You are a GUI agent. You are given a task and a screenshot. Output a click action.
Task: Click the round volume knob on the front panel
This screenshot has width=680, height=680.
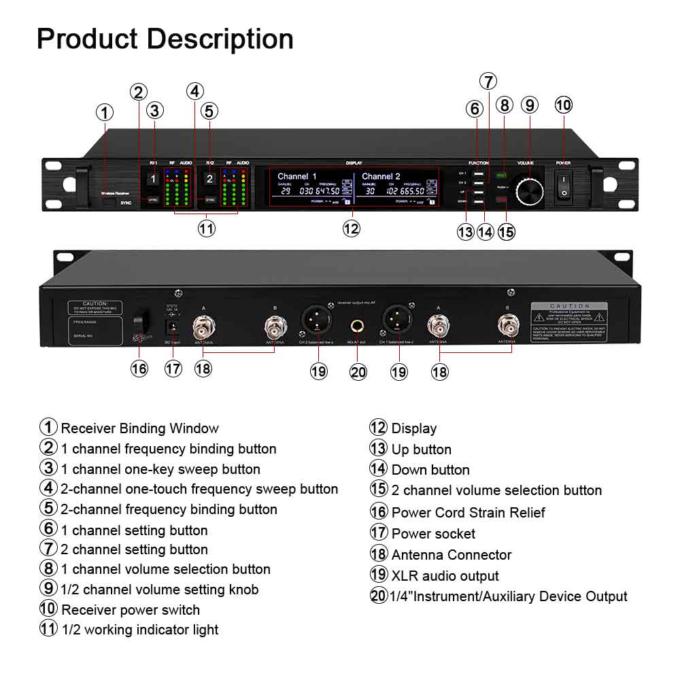(x=530, y=189)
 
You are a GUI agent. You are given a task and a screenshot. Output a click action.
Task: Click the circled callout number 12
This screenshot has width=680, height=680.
(x=351, y=229)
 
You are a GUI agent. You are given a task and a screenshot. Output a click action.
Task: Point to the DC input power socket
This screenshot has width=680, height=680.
(x=172, y=327)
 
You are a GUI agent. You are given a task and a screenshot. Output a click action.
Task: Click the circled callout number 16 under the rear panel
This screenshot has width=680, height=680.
(x=139, y=368)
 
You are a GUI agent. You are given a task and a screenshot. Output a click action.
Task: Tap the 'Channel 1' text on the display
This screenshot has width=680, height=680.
(x=297, y=176)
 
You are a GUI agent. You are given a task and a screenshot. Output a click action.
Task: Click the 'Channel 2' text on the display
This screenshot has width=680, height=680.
(x=381, y=176)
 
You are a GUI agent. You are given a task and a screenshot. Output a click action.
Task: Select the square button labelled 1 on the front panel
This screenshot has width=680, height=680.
(x=154, y=180)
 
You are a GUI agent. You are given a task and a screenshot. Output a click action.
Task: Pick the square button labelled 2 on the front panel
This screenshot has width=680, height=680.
(x=210, y=180)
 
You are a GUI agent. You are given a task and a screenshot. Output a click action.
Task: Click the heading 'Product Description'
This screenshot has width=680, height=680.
(x=165, y=39)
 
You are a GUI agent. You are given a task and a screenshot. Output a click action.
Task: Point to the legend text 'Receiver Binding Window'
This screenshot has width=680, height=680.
(x=140, y=428)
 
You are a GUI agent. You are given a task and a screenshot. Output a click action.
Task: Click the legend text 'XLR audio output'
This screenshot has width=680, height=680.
(x=445, y=576)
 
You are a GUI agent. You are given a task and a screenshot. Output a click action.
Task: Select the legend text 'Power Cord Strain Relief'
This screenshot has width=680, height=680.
(x=468, y=512)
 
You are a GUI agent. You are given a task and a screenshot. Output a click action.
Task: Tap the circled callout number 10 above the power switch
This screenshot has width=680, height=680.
(x=564, y=105)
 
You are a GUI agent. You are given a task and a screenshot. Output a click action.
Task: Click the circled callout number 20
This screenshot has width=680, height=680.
(x=358, y=371)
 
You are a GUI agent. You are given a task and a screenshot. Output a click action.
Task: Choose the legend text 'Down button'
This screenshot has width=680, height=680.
(x=430, y=470)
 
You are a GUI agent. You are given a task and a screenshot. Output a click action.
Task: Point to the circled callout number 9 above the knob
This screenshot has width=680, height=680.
(x=530, y=105)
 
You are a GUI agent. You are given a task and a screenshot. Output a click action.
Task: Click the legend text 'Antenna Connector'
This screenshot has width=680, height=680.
(x=452, y=555)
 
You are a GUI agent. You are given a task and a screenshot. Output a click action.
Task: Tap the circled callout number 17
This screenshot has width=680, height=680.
(x=173, y=368)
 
